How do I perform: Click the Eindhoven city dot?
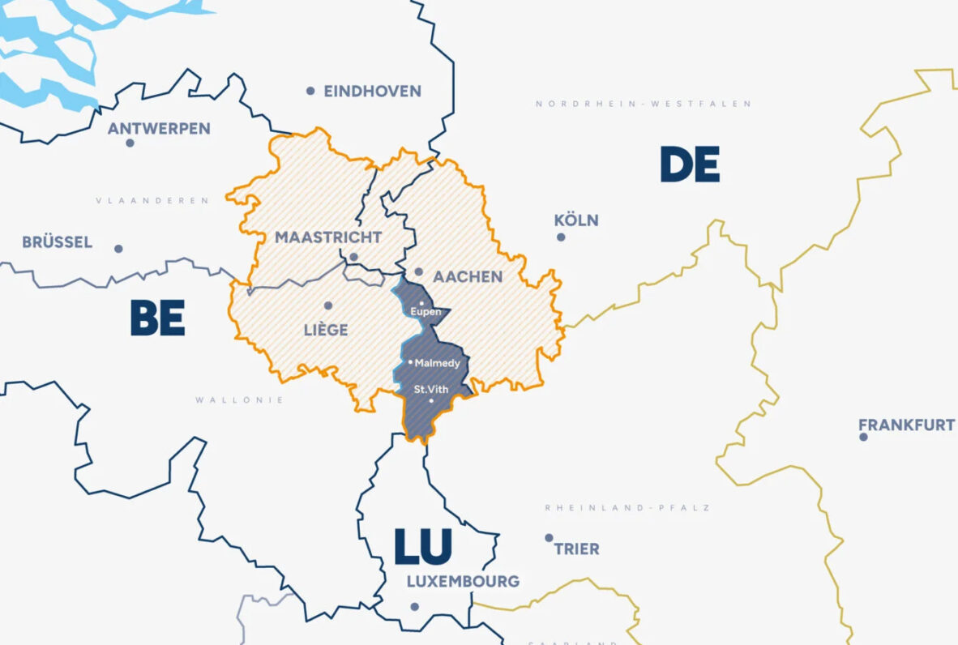point(310,91)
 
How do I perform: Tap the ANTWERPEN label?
point(159,128)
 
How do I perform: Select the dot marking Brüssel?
point(118,249)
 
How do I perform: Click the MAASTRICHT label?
point(327,237)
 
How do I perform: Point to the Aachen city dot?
point(418,272)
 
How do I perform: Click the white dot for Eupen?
point(421,303)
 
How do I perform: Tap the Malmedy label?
point(438,363)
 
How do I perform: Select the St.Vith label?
point(430,389)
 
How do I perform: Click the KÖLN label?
point(576,220)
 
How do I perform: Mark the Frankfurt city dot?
point(863,437)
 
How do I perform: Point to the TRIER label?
point(576,549)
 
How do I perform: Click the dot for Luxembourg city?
point(414,606)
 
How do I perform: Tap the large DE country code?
point(689,165)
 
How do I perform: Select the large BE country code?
point(158,318)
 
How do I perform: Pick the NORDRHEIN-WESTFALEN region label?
point(643,104)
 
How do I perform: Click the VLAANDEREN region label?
point(152,200)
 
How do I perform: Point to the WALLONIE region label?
point(239,399)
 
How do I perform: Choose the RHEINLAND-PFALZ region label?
point(627,507)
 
